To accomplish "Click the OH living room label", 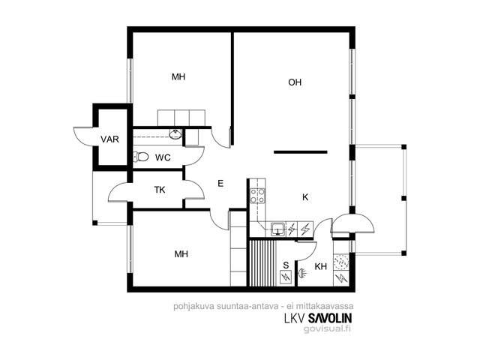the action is pyautogui.click(x=295, y=82).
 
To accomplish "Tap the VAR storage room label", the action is pyautogui.click(x=109, y=139).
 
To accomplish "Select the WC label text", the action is pyautogui.click(x=163, y=157).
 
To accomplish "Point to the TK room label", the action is pyautogui.click(x=160, y=190).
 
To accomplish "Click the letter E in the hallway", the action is pyautogui.click(x=220, y=184).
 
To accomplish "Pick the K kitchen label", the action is pyautogui.click(x=305, y=197).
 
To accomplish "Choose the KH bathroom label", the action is pyautogui.click(x=320, y=267).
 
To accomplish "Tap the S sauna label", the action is pyautogui.click(x=286, y=265).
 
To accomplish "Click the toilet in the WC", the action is pyautogui.click(x=141, y=157).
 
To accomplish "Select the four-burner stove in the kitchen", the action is pyautogui.click(x=257, y=196).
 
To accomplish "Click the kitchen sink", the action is pyautogui.click(x=278, y=229).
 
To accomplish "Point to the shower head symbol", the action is pyautogui.click(x=302, y=273).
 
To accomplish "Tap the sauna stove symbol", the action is pyautogui.click(x=286, y=277).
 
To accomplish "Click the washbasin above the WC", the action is pyautogui.click(x=175, y=134).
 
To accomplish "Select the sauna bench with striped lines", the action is pyautogui.click(x=263, y=263).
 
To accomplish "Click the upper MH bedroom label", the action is pyautogui.click(x=178, y=76).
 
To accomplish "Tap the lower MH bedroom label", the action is pyautogui.click(x=181, y=253).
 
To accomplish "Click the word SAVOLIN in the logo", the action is pyautogui.click(x=330, y=318).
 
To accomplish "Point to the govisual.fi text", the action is pyautogui.click(x=327, y=328).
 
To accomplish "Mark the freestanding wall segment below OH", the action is pyautogui.click(x=301, y=151).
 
